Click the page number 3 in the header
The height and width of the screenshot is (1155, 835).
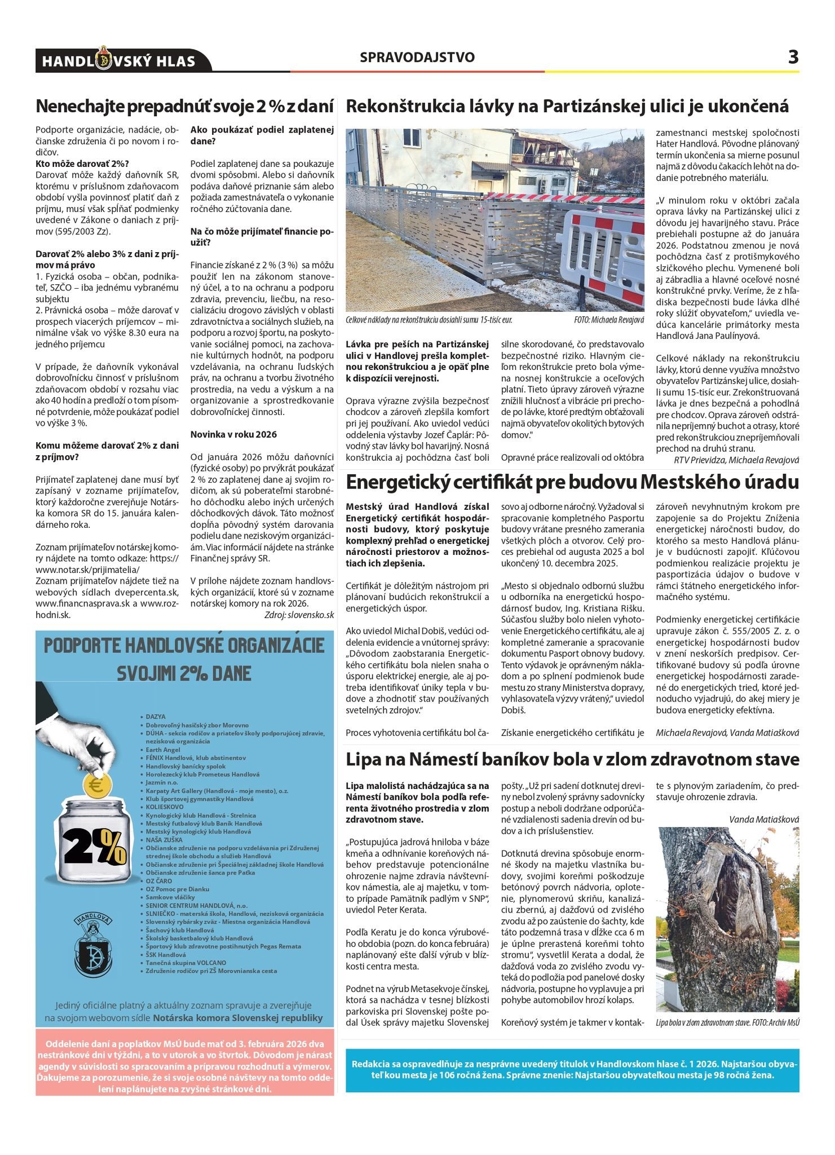[793, 57]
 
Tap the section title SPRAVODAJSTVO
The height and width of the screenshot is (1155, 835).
[417, 58]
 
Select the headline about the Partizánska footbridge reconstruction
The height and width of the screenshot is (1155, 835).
[567, 107]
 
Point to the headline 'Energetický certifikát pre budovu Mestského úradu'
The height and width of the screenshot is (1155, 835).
[572, 483]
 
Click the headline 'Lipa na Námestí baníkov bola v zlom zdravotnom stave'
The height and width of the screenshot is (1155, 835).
[572, 759]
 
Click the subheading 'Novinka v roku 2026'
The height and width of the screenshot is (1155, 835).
[233, 434]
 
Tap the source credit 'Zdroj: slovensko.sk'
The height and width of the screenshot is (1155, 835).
[299, 615]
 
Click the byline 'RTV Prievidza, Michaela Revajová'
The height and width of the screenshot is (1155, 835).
[736, 460]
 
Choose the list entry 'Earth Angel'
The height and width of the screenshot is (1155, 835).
[163, 750]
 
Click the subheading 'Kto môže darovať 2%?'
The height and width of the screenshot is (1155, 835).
[82, 164]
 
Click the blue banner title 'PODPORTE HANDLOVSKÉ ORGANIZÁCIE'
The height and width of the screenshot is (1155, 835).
[184, 646]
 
